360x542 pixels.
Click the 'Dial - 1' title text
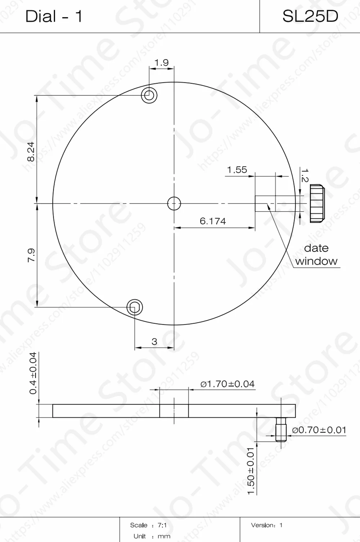pyautogui.click(x=54, y=17)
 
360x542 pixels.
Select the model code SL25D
pyautogui.click(x=310, y=16)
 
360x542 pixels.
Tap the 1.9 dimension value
pyautogui.click(x=161, y=63)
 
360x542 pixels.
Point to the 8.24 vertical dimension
pyautogui.click(x=31, y=151)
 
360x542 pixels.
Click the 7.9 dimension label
pyautogui.click(x=31, y=255)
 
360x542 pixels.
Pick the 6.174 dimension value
pyautogui.click(x=213, y=221)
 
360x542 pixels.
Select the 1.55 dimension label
pyautogui.click(x=237, y=170)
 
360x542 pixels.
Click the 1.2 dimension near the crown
pyautogui.click(x=304, y=175)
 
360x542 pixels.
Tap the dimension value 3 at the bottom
pyautogui.click(x=154, y=341)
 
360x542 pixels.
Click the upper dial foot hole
pyautogui.click(x=149, y=95)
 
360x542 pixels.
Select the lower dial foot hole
pyautogui.click(x=135, y=307)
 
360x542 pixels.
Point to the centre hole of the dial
pyautogui.click(x=174, y=203)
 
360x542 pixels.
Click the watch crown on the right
pyautogui.click(x=316, y=203)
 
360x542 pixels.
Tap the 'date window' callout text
pyautogui.click(x=316, y=255)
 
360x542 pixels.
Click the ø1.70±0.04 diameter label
pyautogui.click(x=228, y=384)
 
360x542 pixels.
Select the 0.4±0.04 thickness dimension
pyautogui.click(x=33, y=373)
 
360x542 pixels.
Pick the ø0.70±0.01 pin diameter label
pyautogui.click(x=319, y=430)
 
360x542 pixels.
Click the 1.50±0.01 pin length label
pyautogui.click(x=251, y=471)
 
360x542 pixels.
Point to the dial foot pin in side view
pyautogui.click(x=280, y=430)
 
